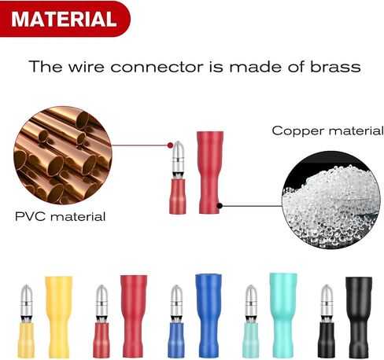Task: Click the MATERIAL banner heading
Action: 64,19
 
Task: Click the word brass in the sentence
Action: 335,67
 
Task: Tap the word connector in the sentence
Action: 157,67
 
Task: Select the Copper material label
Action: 327,130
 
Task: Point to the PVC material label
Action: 61,216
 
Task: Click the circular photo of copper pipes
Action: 63,156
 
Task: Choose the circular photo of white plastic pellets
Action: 331,200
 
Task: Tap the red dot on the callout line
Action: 170,145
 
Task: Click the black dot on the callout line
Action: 220,206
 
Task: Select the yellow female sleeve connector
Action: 58,317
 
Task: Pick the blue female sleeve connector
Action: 209,316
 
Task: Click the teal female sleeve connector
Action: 283,315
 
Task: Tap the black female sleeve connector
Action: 359,318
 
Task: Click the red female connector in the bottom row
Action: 134,316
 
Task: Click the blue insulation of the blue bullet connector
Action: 176,340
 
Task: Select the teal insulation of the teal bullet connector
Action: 251,340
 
